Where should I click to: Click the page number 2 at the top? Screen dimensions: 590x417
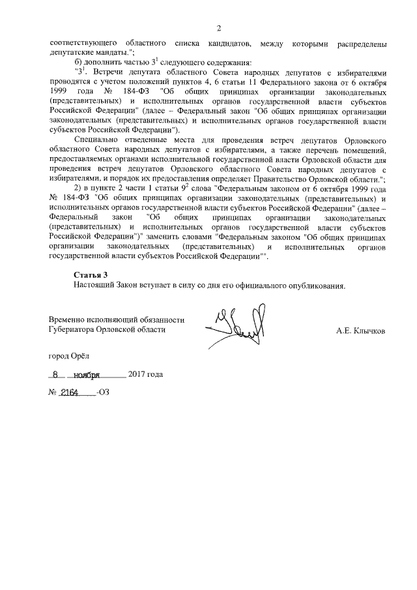(219, 28)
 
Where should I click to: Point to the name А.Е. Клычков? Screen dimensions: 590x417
(360, 331)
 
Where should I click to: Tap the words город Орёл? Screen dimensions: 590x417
(71, 356)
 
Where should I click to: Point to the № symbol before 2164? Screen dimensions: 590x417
(53, 394)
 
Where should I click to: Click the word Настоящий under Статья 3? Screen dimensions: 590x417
(95, 286)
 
